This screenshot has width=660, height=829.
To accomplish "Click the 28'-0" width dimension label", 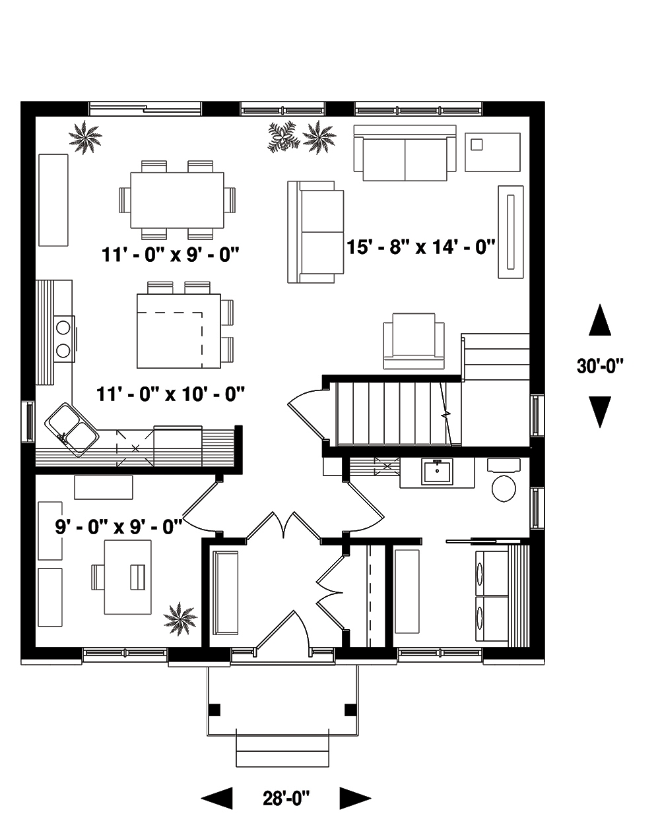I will [286, 799].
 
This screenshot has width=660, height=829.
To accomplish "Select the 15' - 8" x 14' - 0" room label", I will [421, 247].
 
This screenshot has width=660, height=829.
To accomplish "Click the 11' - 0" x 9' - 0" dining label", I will [169, 253].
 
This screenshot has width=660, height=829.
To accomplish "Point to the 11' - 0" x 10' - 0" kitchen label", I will [171, 394].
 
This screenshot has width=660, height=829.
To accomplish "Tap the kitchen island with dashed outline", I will [178, 330].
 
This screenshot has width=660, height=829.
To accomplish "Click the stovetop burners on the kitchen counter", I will [64, 337].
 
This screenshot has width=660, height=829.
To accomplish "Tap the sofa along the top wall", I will [405, 153].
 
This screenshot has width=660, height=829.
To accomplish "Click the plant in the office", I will [180, 619].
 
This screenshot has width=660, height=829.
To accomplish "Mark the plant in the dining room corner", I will [86, 138].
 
